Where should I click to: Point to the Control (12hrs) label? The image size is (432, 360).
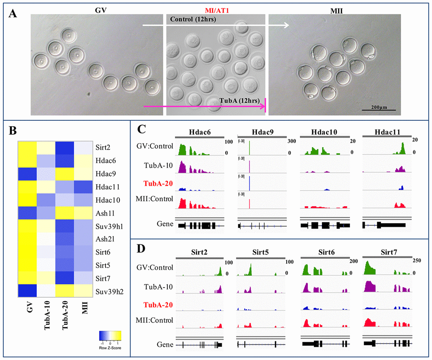click(x=191, y=19)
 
